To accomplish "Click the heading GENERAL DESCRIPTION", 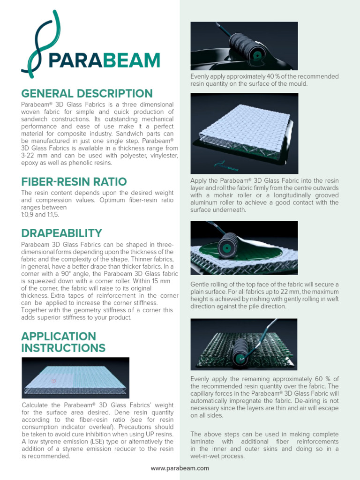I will [87, 93].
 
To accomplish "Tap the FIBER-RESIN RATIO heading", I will [74, 181].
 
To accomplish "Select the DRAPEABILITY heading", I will [61, 233].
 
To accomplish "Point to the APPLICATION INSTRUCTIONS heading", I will [63, 342].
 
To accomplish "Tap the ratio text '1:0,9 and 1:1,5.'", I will [40, 215].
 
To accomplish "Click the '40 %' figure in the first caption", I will [274, 76].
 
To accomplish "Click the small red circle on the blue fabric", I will [54, 381].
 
